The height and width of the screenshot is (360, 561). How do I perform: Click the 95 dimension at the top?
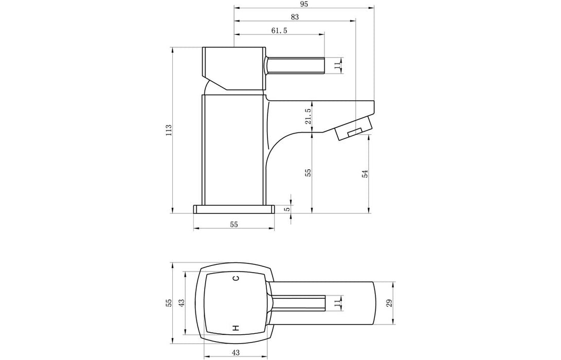point(303,4)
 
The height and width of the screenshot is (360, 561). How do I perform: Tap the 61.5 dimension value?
point(279,31)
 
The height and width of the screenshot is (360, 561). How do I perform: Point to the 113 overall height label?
point(168,130)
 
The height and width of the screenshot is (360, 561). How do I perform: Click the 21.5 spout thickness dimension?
point(308,116)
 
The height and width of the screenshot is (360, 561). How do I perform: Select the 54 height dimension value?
point(365,173)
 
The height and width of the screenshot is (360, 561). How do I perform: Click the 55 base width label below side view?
point(233,224)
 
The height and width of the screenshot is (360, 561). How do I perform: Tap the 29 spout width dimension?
point(389,303)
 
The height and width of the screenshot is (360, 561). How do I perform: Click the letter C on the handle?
point(236,279)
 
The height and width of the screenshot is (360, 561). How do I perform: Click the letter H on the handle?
point(236,327)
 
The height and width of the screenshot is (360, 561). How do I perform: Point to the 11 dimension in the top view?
point(337,303)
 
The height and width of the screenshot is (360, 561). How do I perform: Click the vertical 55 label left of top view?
point(168,303)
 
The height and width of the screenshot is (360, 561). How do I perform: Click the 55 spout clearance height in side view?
point(308,173)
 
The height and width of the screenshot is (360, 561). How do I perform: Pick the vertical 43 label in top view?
point(181,303)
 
